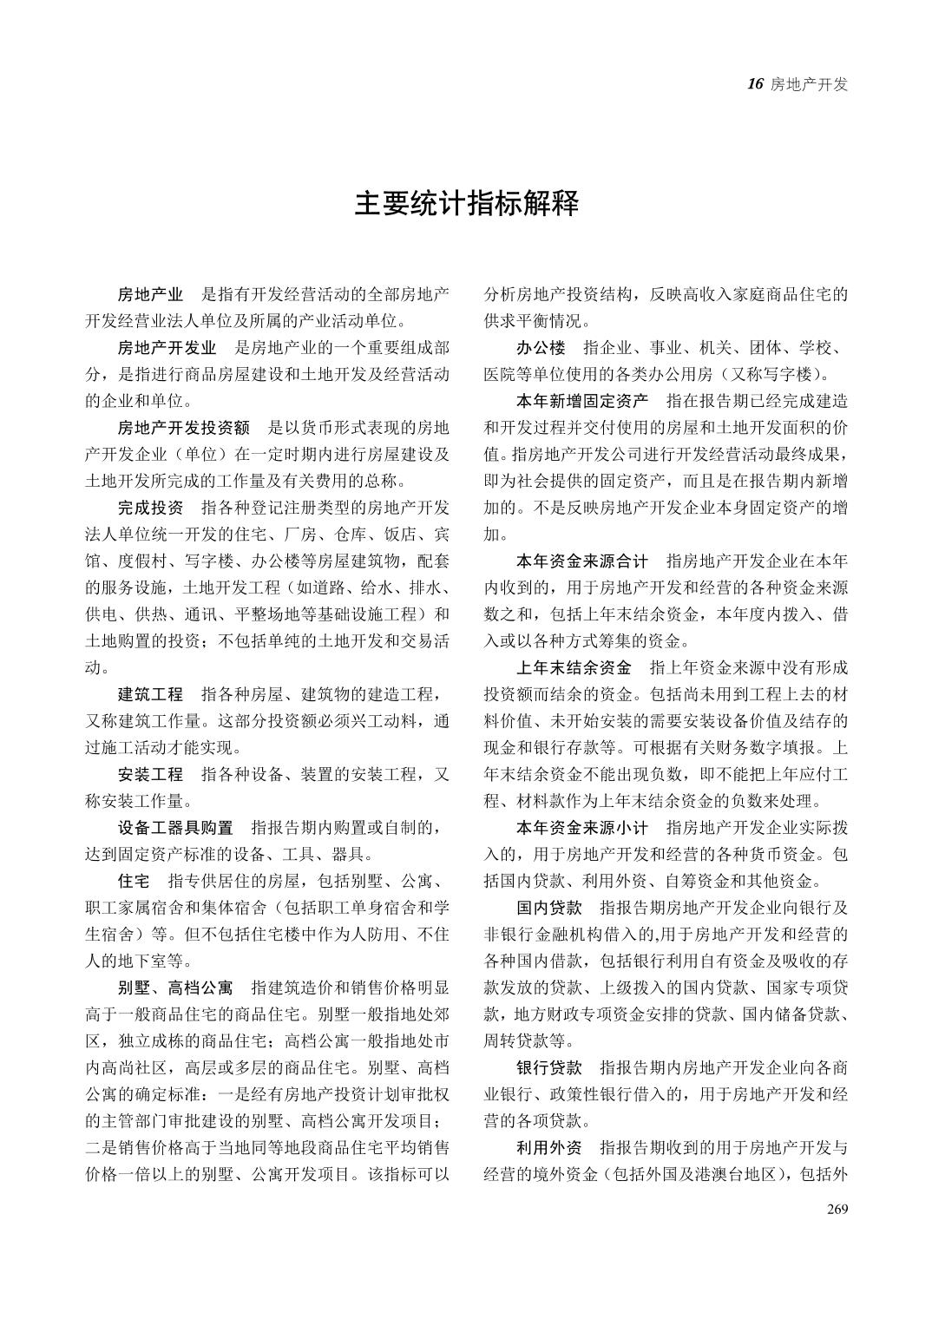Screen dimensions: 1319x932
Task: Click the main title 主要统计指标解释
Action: point(466,205)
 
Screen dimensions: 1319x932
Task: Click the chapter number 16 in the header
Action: point(754,84)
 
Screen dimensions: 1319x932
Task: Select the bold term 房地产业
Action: point(150,294)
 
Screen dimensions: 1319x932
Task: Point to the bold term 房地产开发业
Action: point(167,348)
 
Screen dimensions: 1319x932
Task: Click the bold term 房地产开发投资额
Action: point(183,428)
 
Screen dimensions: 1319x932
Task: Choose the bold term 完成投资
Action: point(150,508)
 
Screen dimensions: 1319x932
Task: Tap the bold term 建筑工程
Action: point(150,694)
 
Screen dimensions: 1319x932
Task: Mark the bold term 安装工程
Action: point(150,774)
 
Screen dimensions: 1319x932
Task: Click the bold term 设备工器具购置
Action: point(175,828)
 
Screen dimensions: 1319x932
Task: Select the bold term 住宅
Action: point(134,882)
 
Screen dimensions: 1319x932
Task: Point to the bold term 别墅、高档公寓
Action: point(175,988)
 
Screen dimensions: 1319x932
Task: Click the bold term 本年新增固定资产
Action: point(581,401)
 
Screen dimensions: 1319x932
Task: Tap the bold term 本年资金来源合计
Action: point(581,561)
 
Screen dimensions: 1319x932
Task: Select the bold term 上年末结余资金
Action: point(574,668)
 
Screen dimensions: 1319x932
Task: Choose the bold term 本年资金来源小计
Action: point(581,828)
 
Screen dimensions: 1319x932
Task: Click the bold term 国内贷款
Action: point(548,908)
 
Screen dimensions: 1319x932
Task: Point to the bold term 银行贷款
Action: point(548,1067)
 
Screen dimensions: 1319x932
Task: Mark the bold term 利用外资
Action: point(548,1147)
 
